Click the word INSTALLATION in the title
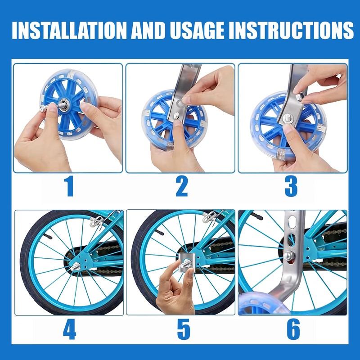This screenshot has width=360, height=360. pos(69,30)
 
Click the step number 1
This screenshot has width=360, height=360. pos(69,186)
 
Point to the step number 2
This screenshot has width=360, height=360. pos(182,186)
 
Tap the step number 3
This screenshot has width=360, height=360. pos(291,186)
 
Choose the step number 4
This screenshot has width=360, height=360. pos(69,329)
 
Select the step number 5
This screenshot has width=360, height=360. pos(184,329)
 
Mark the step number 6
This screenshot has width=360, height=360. pos(293,329)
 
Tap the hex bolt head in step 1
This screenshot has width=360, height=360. pos(43,108)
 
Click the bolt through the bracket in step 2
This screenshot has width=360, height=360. pos(176,116)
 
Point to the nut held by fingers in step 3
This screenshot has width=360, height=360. pos(299,97)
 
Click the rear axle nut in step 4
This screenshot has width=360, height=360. pos(76,266)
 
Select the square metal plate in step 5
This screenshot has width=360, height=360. pos(187,262)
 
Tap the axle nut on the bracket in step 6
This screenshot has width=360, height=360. pos(288,255)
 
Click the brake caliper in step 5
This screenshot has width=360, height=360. pos(210,217)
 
